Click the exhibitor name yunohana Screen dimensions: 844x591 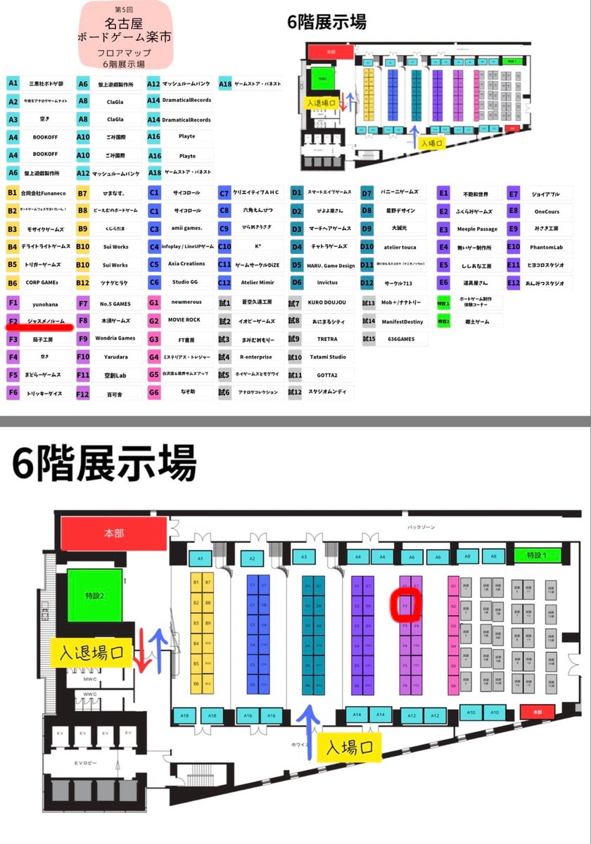[44, 303]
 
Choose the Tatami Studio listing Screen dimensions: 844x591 [328, 357]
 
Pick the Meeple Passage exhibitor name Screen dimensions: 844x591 [477, 229]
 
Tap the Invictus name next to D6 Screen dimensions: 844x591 [328, 282]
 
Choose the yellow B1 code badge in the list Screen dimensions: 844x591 [13, 192]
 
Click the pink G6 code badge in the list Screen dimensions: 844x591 [153, 392]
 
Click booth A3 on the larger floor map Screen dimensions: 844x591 [304, 558]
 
